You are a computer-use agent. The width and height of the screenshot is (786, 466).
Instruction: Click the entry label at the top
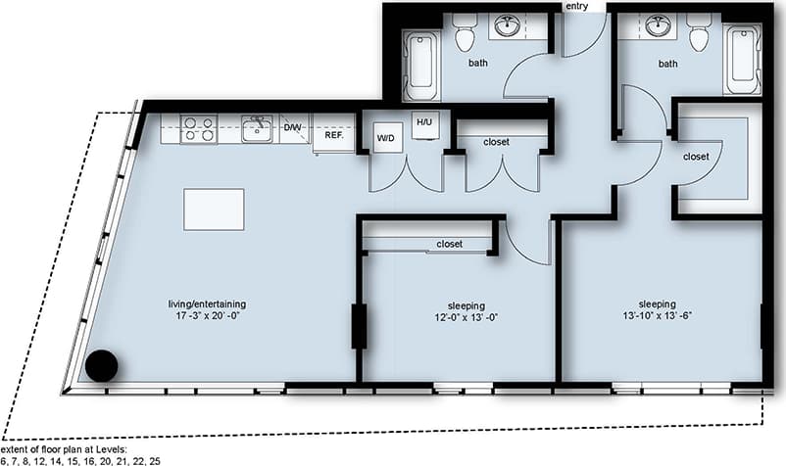pyautogui.click(x=576, y=7)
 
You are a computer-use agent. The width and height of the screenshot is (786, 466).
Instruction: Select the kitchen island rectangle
pyautogui.click(x=214, y=209)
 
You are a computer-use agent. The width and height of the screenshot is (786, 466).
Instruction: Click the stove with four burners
pyautogui.click(x=199, y=129)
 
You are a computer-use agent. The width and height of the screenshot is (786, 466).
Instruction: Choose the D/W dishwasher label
pyautogui.click(x=292, y=127)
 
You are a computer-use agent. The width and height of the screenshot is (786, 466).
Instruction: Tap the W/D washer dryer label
pyautogui.click(x=387, y=138)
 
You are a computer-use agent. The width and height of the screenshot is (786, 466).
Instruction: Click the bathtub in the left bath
pyautogui.click(x=423, y=63)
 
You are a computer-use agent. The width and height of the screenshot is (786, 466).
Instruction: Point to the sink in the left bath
pyautogui.click(x=508, y=26)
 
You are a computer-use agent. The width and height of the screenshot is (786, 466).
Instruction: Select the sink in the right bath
pyautogui.click(x=659, y=26)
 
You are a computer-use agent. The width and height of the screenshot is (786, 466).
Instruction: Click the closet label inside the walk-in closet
pyautogui.click(x=696, y=156)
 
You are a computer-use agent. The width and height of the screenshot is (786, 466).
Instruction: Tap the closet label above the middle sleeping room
pyautogui.click(x=449, y=244)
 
